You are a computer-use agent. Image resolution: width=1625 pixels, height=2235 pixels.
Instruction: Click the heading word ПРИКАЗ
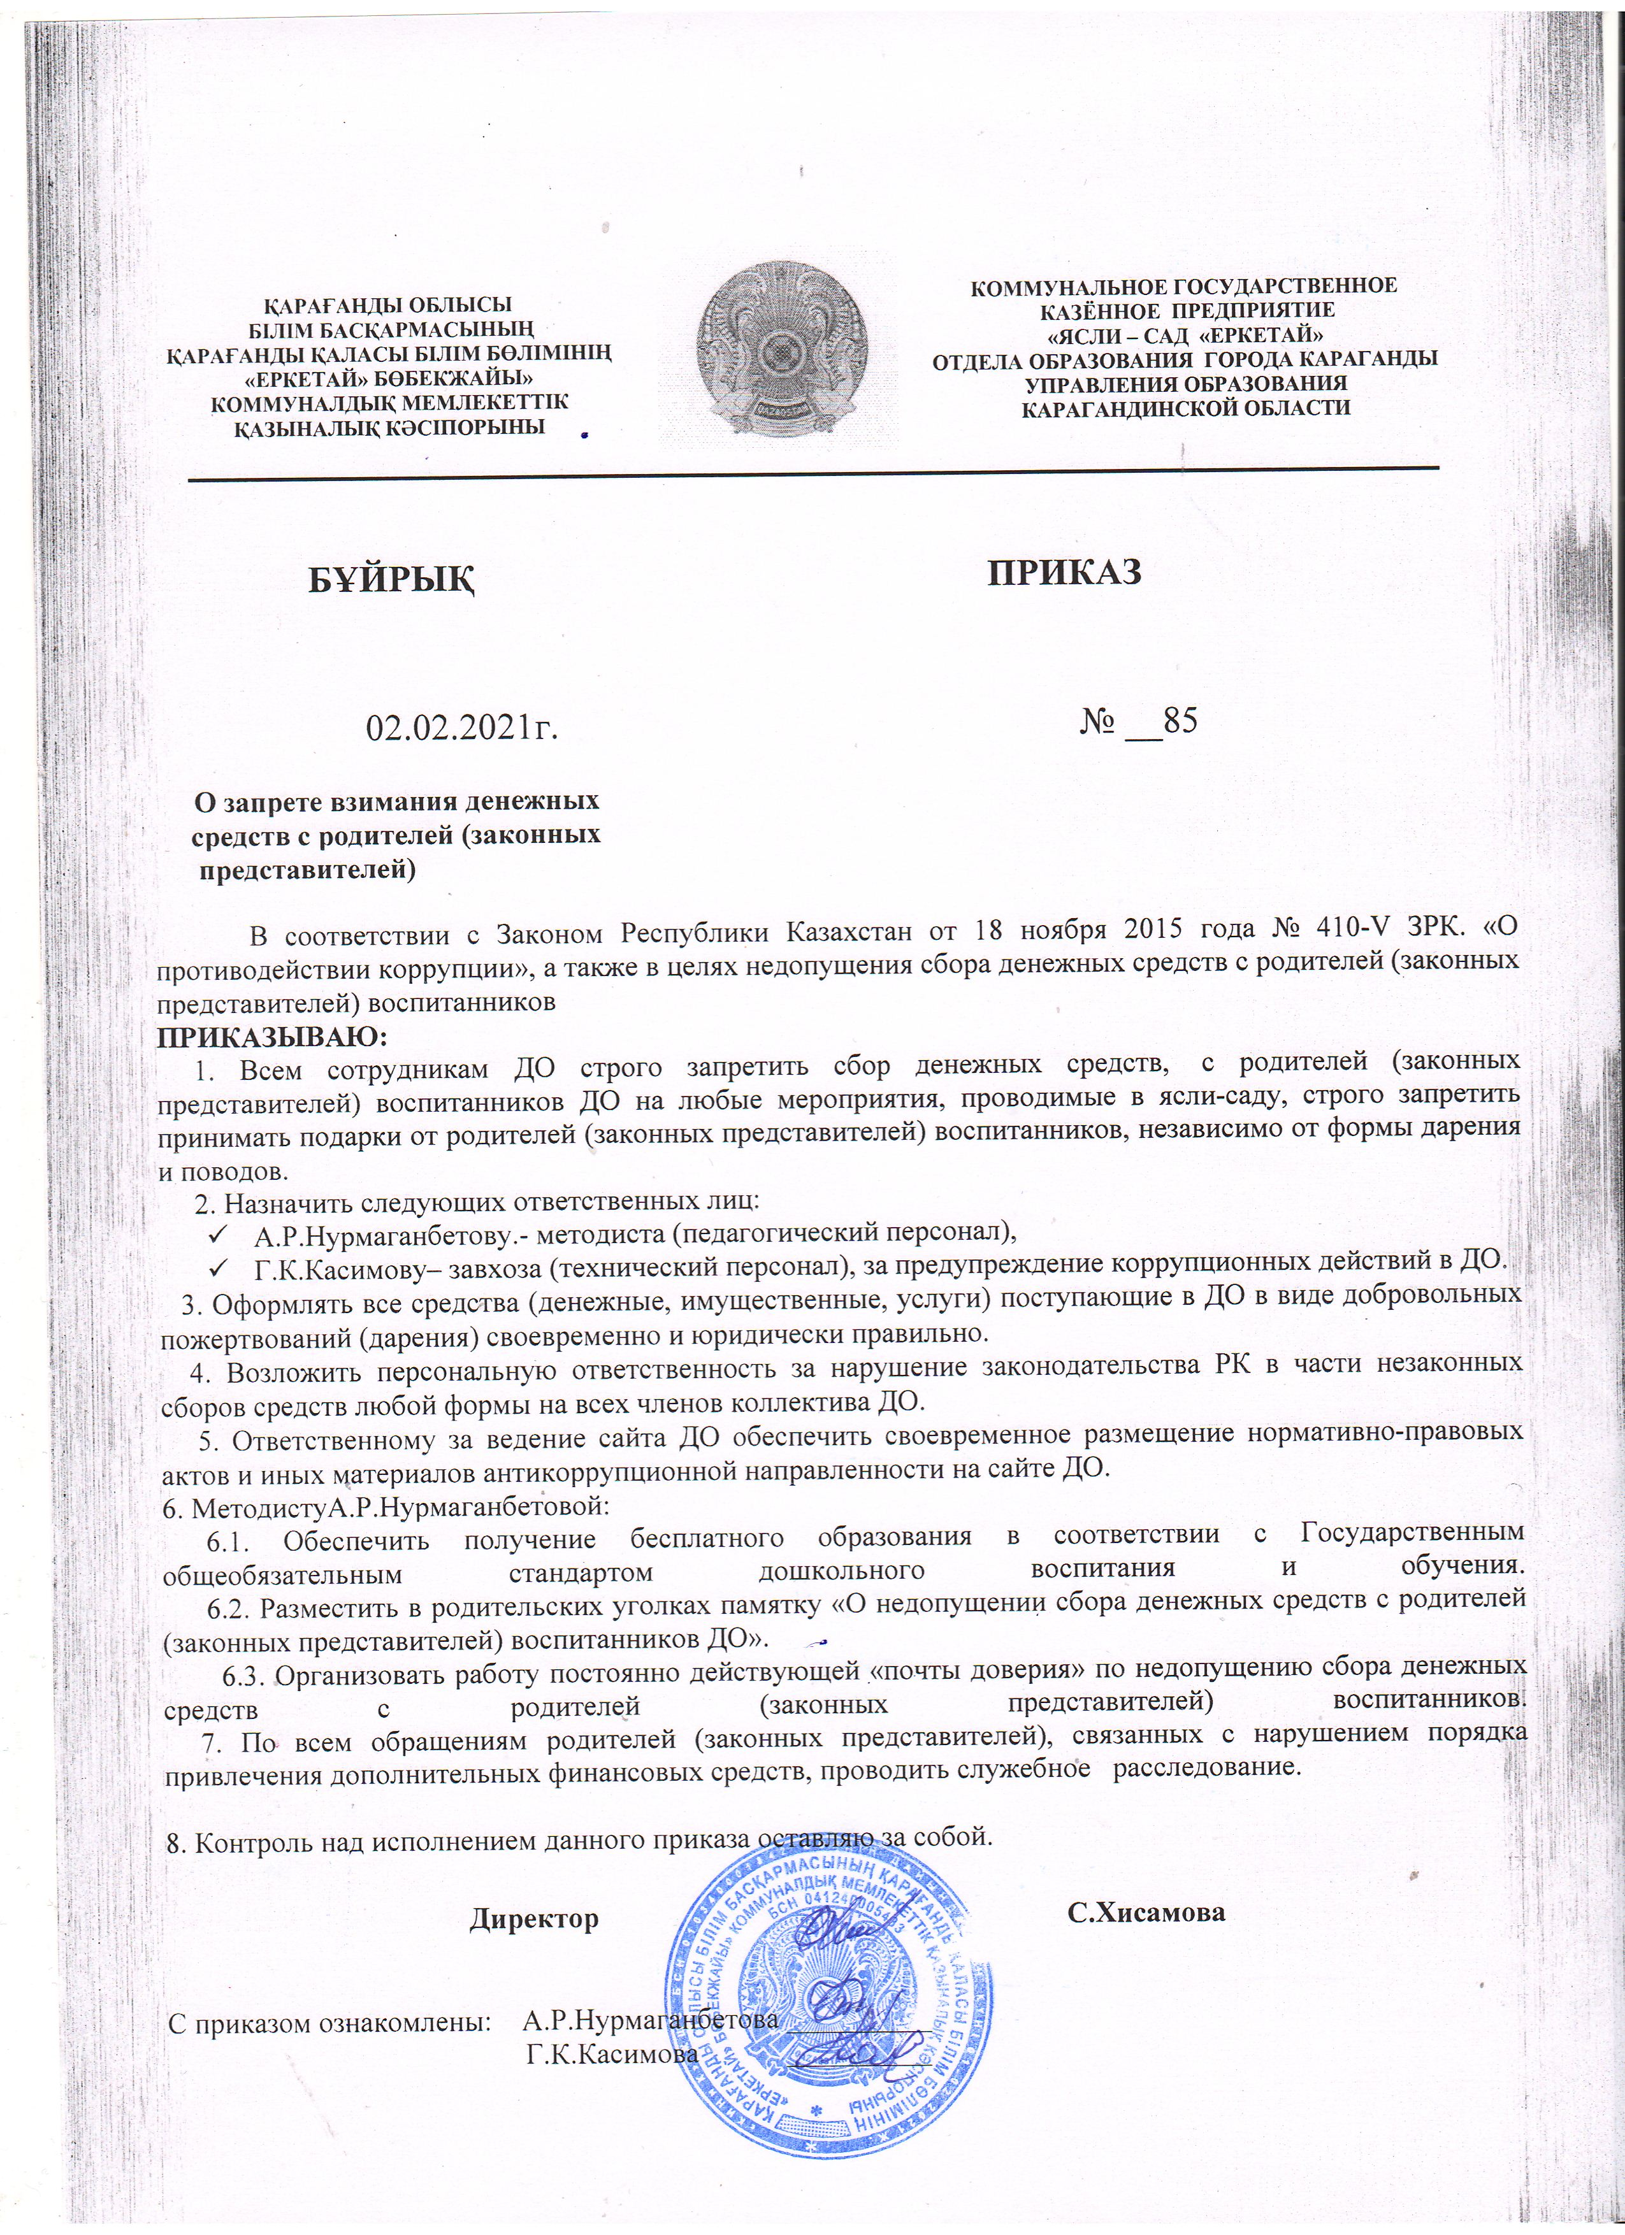[x=1064, y=571]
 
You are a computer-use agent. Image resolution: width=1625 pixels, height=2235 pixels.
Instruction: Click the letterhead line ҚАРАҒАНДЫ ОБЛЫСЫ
[x=391, y=305]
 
